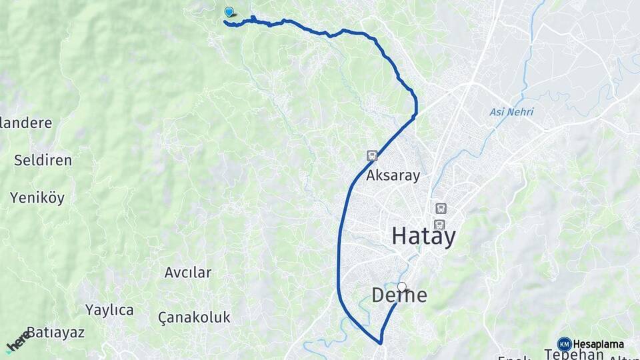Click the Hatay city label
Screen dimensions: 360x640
pyautogui.click(x=423, y=236)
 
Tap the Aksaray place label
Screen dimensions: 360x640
pyautogui.click(x=393, y=176)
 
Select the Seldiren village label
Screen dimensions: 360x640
pyautogui.click(x=43, y=160)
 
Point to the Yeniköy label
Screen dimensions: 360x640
pyautogui.click(x=37, y=197)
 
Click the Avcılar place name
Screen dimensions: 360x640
pyautogui.click(x=188, y=272)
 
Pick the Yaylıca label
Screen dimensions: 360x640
pyautogui.click(x=109, y=310)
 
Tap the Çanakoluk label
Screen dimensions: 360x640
pyautogui.click(x=195, y=317)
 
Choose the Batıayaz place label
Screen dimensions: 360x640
pyautogui.click(x=56, y=332)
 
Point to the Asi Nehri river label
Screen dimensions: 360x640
pyautogui.click(x=511, y=112)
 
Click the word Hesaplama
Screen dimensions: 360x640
pyautogui.click(x=599, y=344)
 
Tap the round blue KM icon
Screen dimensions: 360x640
pyautogui.click(x=564, y=344)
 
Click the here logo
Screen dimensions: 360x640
pyautogui.click(x=18, y=341)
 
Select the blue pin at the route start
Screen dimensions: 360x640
pyautogui.click(x=229, y=11)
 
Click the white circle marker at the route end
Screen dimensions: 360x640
pyautogui.click(x=401, y=287)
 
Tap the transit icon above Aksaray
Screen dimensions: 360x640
pyautogui.click(x=372, y=156)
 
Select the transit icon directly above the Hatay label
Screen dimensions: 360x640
pyautogui.click(x=439, y=224)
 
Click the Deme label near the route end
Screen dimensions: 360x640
pyautogui.click(x=399, y=295)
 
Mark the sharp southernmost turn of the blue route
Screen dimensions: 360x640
pyautogui.click(x=381, y=343)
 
